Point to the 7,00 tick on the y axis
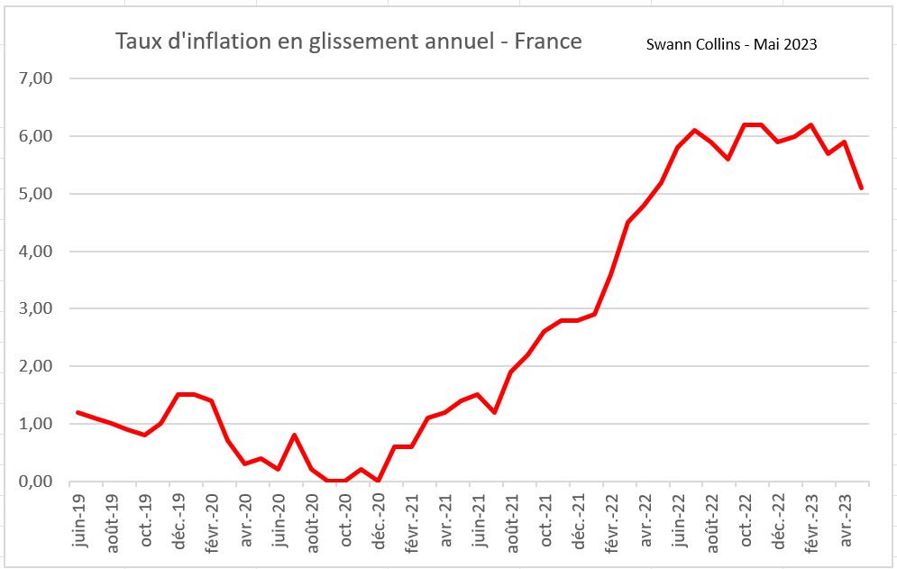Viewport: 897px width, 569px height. [x=36, y=78]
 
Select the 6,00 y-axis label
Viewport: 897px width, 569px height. [x=36, y=136]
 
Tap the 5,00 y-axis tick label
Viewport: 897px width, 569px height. [x=36, y=194]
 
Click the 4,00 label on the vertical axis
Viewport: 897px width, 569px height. [x=36, y=252]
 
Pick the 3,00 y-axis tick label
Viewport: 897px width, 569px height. [x=36, y=308]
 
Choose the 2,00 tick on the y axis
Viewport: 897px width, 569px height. [x=36, y=366]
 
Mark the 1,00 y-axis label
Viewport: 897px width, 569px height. [x=36, y=424]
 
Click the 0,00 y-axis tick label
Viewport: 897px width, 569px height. [x=36, y=482]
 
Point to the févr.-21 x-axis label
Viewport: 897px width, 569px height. [x=410, y=518]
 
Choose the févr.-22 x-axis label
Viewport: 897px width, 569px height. [x=609, y=518]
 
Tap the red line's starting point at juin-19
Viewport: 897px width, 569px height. [x=78, y=412]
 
